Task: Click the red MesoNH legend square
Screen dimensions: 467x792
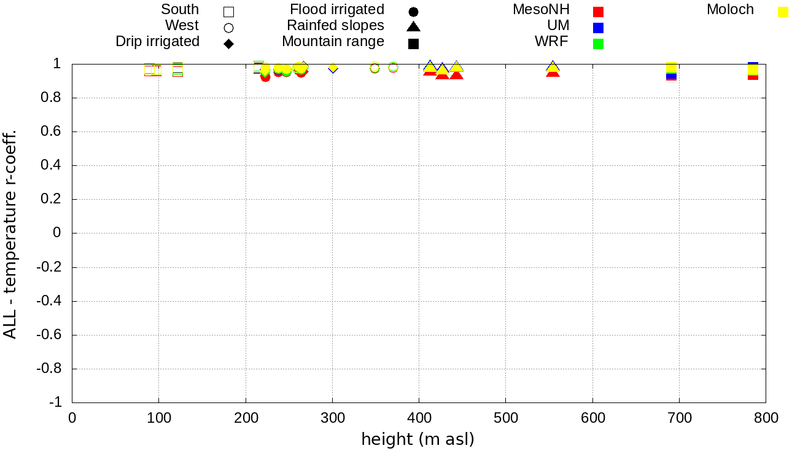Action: tap(599, 12)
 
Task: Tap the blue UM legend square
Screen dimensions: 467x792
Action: tap(599, 28)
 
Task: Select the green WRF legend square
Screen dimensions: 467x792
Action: tap(599, 44)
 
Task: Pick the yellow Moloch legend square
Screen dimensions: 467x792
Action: tap(783, 12)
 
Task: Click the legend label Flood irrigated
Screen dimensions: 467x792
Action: tap(337, 10)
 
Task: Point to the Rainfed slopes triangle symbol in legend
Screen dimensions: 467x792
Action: tap(413, 26)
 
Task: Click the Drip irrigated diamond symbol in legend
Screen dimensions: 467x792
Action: tap(228, 44)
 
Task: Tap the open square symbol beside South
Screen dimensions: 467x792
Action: tap(228, 12)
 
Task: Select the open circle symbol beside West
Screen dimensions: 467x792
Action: tap(228, 28)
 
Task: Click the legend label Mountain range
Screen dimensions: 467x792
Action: tap(333, 42)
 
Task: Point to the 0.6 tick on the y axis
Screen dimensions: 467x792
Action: tap(53, 131)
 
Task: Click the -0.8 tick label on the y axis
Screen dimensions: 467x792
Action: tap(50, 369)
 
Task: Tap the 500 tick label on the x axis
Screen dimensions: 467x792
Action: tap(505, 418)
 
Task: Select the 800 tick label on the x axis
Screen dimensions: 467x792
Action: tap(766, 418)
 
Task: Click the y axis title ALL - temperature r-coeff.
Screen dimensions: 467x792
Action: tap(10, 233)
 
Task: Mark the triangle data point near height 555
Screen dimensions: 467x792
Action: tap(553, 69)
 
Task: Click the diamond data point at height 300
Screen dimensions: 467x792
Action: tap(333, 68)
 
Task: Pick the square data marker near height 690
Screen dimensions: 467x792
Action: tap(671, 69)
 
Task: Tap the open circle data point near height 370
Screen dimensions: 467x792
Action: tap(393, 68)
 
